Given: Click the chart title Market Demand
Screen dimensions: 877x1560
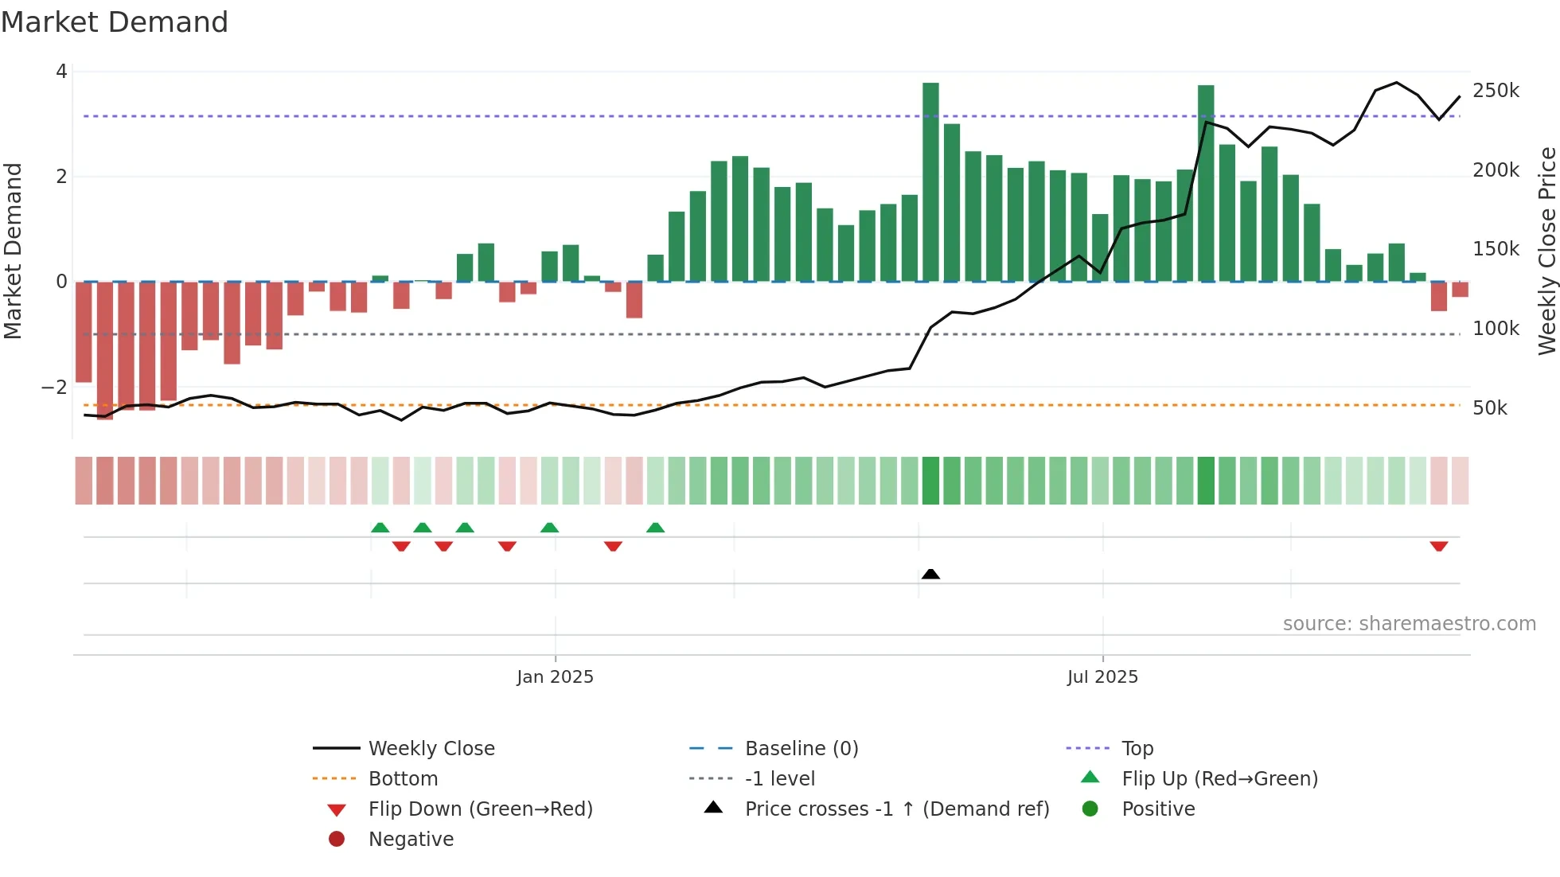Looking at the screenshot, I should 115,22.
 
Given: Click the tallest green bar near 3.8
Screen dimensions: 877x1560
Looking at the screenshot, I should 930,182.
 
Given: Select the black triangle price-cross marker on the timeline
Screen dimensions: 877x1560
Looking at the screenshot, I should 930,574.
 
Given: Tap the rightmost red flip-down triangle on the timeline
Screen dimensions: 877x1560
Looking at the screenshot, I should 1438,546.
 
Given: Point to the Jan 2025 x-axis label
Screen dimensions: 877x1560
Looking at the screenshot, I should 555,677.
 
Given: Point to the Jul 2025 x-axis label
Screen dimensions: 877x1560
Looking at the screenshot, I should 1102,677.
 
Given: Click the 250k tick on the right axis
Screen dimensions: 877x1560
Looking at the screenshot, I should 1496,91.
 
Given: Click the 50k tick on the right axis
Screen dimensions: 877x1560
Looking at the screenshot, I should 1490,408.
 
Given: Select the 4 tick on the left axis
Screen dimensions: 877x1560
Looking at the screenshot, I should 61,72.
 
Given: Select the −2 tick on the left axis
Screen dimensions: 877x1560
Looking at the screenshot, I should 55,388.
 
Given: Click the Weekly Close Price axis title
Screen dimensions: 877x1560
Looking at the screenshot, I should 1546,251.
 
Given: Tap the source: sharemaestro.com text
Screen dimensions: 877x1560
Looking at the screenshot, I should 1409,624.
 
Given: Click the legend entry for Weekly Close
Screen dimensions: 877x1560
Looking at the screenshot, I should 431,749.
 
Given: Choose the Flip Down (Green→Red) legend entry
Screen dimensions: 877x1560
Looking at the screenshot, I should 480,809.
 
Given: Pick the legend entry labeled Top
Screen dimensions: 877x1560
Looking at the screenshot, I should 1137,749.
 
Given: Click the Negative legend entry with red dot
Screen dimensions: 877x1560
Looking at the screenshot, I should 411,840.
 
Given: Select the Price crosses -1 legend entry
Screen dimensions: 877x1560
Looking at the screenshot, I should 896,809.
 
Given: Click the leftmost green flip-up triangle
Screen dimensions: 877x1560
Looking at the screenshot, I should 380,528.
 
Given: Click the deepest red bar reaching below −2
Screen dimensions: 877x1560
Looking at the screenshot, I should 105,350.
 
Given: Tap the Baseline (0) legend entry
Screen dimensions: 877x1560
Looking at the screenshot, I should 801,749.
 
